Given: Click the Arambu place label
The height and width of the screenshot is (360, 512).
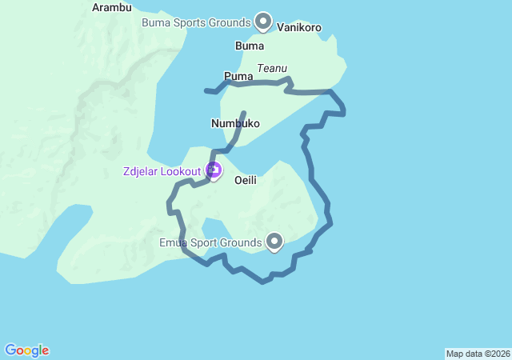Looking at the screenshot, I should pos(111,7).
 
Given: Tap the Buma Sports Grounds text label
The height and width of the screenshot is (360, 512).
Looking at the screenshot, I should pos(196,22).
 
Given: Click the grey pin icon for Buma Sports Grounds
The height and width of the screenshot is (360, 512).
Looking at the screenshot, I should pos(263,21).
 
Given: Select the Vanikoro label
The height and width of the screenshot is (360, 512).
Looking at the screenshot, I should pos(299,28).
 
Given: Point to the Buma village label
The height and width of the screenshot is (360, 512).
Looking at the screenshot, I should pos(250,46).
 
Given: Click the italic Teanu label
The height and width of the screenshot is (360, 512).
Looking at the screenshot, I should pos(272,69).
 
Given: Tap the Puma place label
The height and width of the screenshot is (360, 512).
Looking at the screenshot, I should pos(238,76).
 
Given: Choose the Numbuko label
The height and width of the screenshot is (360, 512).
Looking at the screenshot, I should pos(235,123).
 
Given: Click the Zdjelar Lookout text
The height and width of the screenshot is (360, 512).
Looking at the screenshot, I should pos(162,171).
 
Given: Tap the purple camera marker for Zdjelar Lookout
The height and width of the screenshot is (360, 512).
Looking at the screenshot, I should pos(214,170).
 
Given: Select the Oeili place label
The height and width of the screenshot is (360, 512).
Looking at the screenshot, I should pos(245,181).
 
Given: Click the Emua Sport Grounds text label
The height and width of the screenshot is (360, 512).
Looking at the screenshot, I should pos(210,242).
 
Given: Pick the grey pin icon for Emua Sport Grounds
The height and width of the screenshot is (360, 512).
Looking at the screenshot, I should pos(274,240).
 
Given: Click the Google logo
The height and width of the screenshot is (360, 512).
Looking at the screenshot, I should pos(26,350).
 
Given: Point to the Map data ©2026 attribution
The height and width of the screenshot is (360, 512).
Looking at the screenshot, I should pos(478,354).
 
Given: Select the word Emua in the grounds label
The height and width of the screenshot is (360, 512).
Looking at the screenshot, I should pos(173,242).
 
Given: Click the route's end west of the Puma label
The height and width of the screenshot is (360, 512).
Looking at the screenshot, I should pos(206,91).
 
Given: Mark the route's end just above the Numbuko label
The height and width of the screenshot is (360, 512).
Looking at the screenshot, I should pos(244,113).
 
